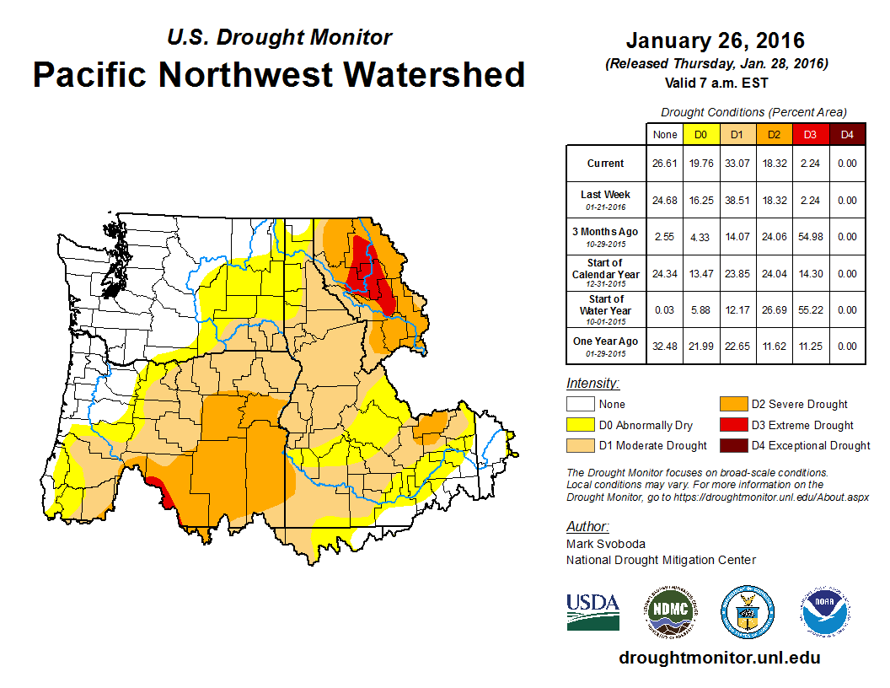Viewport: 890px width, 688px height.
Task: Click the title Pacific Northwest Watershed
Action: (279, 74)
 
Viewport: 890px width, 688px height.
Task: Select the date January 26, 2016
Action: (715, 40)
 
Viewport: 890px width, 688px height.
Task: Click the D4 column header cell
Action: (846, 134)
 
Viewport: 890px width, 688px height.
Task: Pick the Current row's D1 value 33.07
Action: (735, 164)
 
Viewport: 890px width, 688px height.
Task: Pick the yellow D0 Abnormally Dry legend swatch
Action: (580, 425)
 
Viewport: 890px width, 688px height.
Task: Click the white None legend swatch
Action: (580, 405)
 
